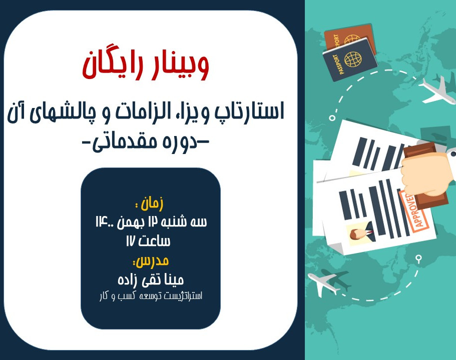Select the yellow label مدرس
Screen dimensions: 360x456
[x=150, y=260]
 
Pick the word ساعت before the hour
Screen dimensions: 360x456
[x=155, y=241]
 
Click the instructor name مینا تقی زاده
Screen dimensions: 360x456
[x=150, y=279]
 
